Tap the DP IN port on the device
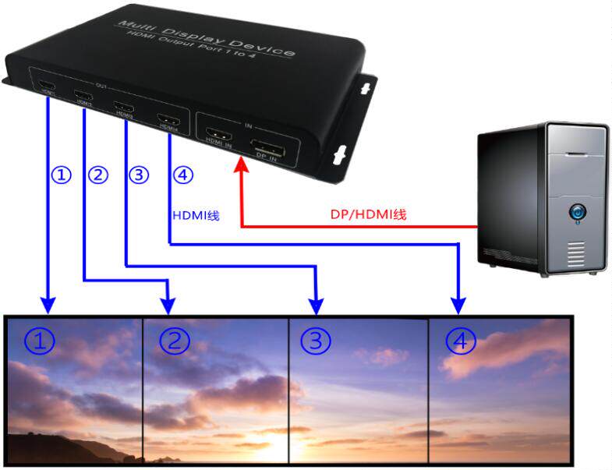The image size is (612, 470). click(x=267, y=149)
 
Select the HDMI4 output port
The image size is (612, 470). click(x=168, y=121)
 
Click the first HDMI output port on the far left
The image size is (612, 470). click(x=47, y=87)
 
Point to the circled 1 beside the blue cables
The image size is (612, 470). click(x=61, y=175)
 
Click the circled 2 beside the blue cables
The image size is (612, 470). click(x=98, y=175)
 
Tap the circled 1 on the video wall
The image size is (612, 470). click(x=38, y=341)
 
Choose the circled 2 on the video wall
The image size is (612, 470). click(x=174, y=341)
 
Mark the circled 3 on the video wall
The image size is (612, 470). click(x=315, y=341)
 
